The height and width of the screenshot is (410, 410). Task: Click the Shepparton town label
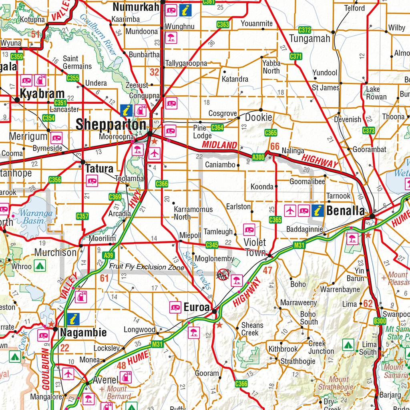pyautogui.click(x=111, y=125)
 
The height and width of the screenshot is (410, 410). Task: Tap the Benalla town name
pyautogui.click(x=346, y=211)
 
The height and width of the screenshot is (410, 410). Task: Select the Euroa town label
pyautogui.click(x=197, y=307)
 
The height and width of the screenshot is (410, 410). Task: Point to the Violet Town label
pyautogui.click(x=255, y=247)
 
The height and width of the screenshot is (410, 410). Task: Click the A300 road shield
pyautogui.click(x=258, y=157)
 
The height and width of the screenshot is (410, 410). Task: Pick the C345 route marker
pyautogui.click(x=212, y=245)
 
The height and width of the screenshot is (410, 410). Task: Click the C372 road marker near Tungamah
pyautogui.click(x=305, y=30)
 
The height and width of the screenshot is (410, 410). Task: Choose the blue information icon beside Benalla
pyautogui.click(x=318, y=210)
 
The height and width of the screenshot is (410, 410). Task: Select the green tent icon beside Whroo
pyautogui.click(x=39, y=265)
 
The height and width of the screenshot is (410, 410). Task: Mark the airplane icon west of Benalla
pyautogui.click(x=290, y=210)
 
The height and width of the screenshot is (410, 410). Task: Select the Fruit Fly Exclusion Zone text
pyautogui.click(x=147, y=267)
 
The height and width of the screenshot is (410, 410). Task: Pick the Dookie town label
pyautogui.click(x=258, y=117)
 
